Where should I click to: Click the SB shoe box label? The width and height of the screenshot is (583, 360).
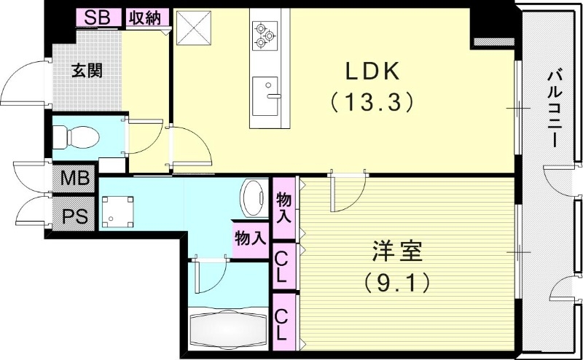98,18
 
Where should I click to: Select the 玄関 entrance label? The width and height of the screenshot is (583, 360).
86,71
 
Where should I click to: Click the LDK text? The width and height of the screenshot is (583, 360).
372,71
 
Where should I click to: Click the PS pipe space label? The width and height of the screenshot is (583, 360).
73,216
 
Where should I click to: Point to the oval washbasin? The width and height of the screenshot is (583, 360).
253,198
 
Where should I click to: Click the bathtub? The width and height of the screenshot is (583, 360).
227,327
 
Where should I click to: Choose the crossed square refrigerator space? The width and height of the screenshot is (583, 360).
195,28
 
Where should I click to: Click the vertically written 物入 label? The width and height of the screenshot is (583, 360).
284,208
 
